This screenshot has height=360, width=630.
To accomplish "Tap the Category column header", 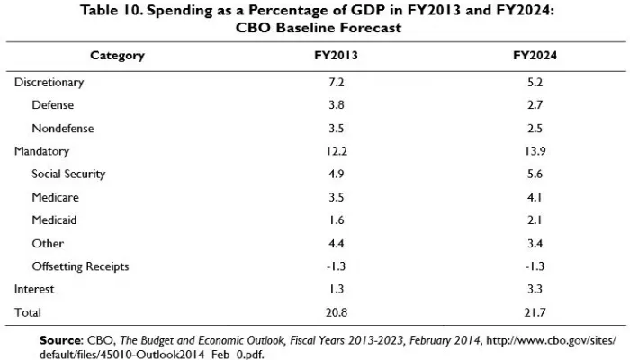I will click(x=117, y=56).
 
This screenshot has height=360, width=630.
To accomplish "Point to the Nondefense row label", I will click(x=63, y=129).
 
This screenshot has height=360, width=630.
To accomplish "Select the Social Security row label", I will click(x=68, y=175).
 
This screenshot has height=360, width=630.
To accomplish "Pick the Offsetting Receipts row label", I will click(x=80, y=266).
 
